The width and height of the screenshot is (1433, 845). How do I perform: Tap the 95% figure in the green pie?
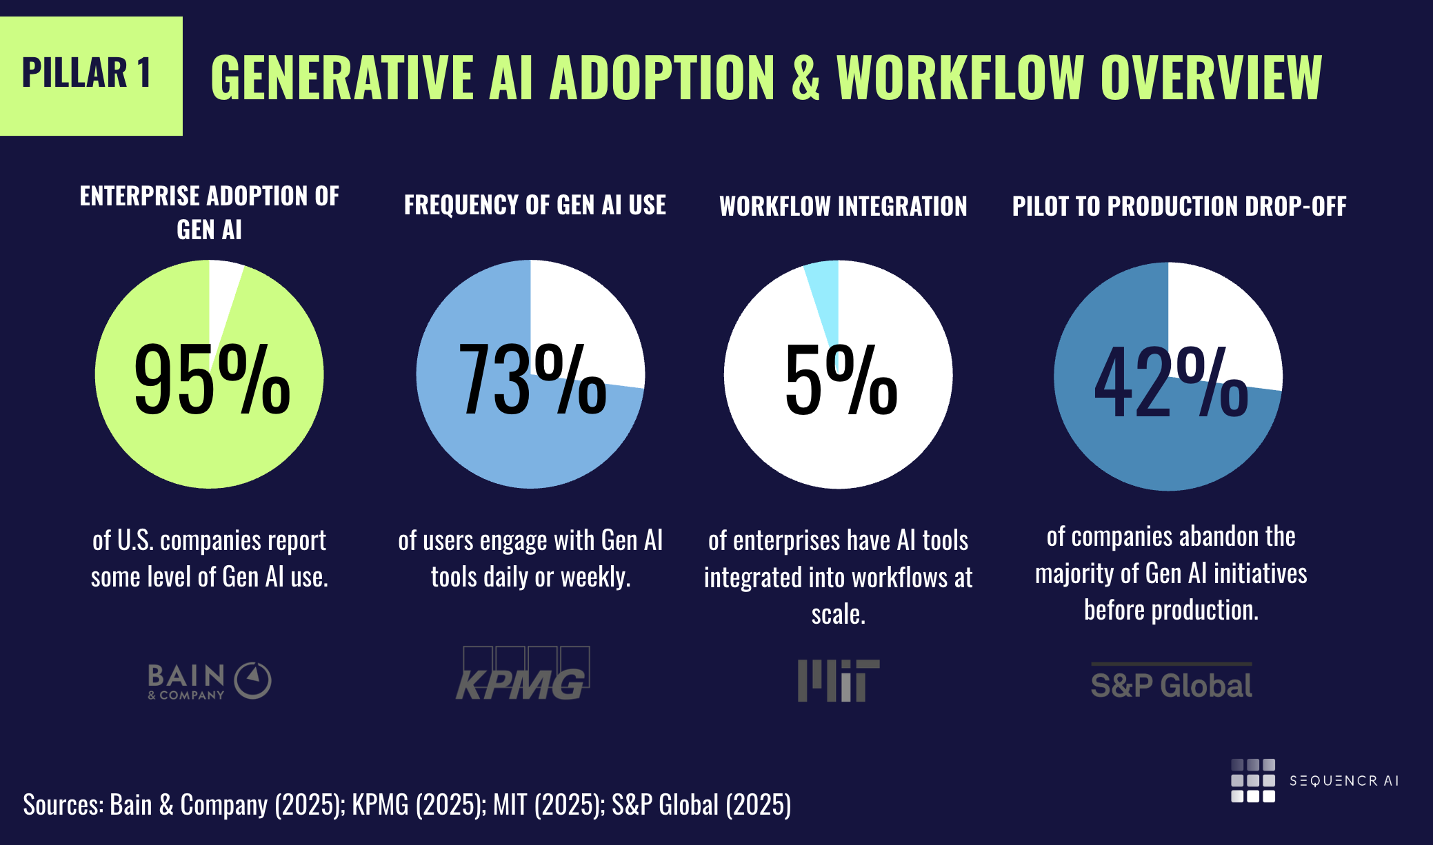[x=212, y=380]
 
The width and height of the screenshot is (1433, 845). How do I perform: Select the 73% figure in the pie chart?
[x=532, y=380]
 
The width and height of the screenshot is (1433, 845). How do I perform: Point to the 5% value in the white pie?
[x=841, y=380]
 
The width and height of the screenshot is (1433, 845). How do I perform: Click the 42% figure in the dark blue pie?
[x=1170, y=382]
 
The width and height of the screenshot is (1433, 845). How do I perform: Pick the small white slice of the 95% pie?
[x=223, y=289]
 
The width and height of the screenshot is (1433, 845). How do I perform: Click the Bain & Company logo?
[x=209, y=681]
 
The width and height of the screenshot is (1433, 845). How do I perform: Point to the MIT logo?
[x=838, y=680]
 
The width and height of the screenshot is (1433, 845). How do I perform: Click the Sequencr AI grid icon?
[x=1252, y=781]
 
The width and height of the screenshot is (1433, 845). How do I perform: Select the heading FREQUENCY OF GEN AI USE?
[x=534, y=205]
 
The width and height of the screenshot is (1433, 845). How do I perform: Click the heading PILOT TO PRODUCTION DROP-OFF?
[x=1179, y=206]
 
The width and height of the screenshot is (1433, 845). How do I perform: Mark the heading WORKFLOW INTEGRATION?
[x=843, y=206]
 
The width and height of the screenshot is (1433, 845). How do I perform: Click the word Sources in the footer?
[x=63, y=805]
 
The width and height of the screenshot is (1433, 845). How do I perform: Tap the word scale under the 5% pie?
[x=837, y=614]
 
